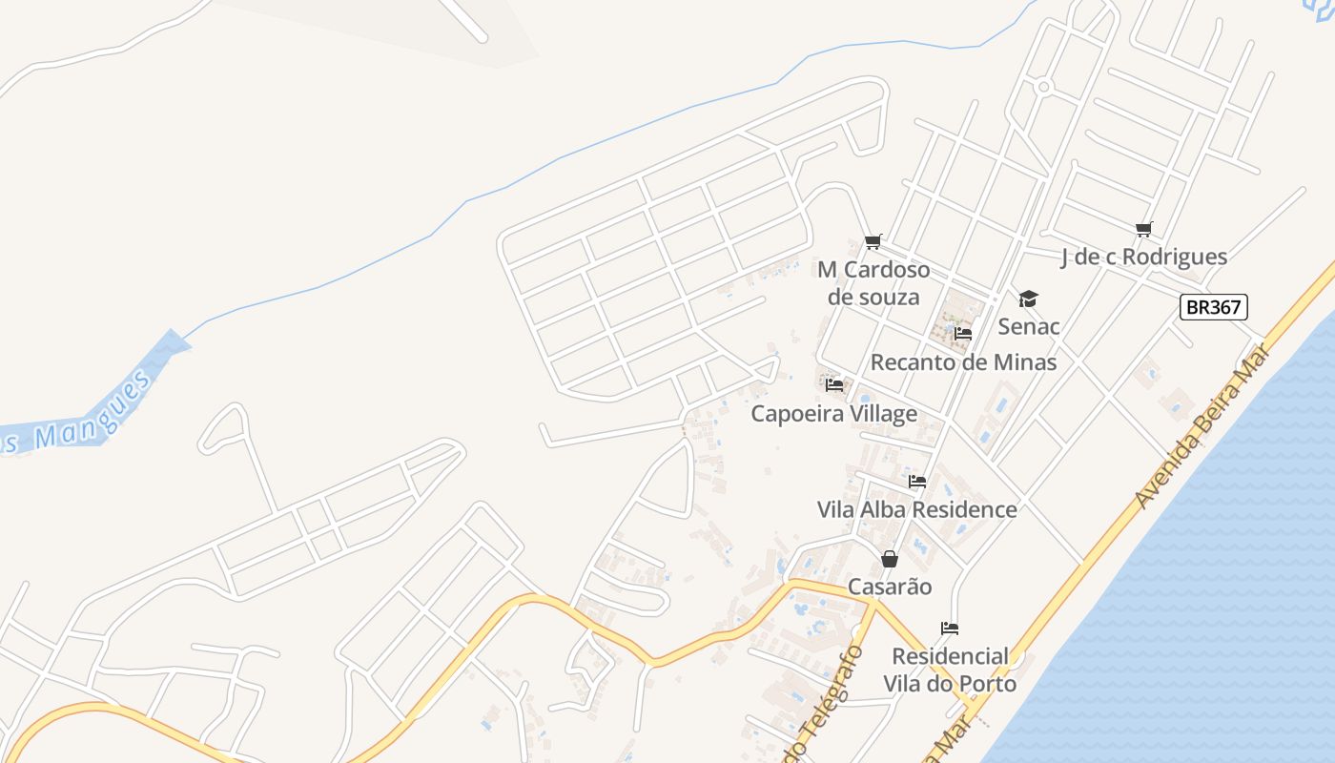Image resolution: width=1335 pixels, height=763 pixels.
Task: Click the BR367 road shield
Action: click(1213, 307)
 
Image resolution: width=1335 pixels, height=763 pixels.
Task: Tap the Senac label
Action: click(1029, 326)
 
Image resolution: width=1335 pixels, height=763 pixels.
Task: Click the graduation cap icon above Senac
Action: click(1028, 299)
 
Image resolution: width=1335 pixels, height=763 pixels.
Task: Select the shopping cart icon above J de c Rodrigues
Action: click(1144, 229)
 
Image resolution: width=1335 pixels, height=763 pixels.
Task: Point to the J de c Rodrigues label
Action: click(1144, 257)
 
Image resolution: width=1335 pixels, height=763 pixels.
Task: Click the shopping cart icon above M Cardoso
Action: click(873, 241)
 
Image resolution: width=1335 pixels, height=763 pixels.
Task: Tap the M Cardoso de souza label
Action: click(873, 283)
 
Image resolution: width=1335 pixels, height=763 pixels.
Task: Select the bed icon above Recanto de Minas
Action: click(963, 334)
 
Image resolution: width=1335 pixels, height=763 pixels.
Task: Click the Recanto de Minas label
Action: click(963, 362)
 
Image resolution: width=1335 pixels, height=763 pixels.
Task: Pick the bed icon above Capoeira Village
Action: click(834, 385)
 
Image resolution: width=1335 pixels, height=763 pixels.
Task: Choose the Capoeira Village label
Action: click(834, 414)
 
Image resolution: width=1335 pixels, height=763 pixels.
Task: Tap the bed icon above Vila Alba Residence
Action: click(917, 482)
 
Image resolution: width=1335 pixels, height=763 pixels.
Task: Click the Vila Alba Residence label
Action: click(917, 509)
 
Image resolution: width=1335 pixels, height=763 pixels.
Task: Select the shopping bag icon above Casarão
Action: click(890, 559)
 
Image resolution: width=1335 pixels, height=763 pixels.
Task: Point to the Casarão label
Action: click(890, 587)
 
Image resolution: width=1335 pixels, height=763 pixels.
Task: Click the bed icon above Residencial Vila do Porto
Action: click(950, 629)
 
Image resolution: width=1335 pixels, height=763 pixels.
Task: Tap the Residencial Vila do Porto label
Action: click(950, 670)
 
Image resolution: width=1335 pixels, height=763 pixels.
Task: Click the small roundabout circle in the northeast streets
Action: click(1043, 87)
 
